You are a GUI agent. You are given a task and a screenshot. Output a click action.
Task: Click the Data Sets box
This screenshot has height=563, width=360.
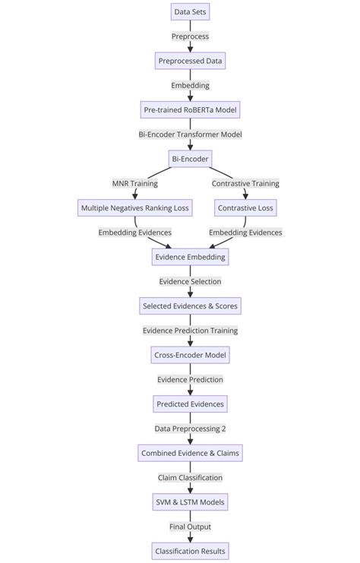[x=190, y=11]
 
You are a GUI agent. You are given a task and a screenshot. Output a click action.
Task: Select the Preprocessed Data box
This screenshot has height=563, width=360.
[x=190, y=61]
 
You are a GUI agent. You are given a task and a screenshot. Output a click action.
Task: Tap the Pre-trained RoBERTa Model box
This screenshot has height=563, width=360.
[x=190, y=109]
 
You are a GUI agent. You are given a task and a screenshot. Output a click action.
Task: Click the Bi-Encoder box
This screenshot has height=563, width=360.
[x=190, y=159]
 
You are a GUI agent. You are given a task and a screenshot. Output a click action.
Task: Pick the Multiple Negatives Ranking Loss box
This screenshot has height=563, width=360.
[x=135, y=207]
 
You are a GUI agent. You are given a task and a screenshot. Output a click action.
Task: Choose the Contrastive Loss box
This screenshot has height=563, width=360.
[x=245, y=207]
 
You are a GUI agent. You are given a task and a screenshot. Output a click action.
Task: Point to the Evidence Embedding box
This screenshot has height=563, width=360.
[x=190, y=257]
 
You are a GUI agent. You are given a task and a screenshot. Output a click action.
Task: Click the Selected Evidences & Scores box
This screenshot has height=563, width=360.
[x=190, y=306]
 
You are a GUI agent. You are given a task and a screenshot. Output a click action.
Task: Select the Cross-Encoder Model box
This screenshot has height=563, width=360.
[x=190, y=355]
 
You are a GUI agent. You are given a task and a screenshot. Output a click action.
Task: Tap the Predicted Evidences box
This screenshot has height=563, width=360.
[x=190, y=404]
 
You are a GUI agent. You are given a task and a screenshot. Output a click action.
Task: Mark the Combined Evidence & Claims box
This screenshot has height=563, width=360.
[x=190, y=453]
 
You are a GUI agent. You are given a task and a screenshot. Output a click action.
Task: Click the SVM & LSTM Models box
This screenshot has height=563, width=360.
[x=190, y=502]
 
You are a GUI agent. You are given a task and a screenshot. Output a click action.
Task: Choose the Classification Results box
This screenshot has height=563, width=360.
[x=190, y=551]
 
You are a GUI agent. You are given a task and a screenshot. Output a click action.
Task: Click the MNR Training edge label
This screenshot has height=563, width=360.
[x=135, y=183]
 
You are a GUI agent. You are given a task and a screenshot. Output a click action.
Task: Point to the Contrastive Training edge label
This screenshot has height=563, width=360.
[x=245, y=183]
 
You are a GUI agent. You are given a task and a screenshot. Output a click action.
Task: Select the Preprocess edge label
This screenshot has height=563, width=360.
[x=190, y=36]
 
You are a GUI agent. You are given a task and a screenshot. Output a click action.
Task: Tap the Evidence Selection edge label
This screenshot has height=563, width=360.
[x=190, y=281]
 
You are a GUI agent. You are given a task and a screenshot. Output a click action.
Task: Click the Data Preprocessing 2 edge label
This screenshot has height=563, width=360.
[x=190, y=429]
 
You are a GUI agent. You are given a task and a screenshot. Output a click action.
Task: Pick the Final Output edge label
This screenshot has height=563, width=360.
[x=190, y=527]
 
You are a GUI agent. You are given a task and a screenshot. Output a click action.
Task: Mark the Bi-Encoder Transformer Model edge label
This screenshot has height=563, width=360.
[x=190, y=134]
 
